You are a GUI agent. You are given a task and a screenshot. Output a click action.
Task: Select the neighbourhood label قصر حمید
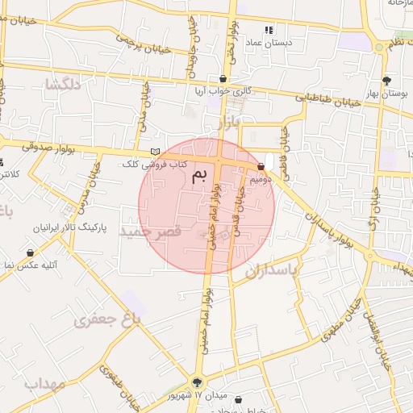coord(146,232)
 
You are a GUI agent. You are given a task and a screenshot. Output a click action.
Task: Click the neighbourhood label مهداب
coord(44,382)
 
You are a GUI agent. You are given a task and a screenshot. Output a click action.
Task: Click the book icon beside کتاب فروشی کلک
coord(155,152)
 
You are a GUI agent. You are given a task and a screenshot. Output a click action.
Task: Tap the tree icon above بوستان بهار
coord(387,80)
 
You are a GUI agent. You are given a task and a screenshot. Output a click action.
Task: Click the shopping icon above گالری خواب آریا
coord(223,78)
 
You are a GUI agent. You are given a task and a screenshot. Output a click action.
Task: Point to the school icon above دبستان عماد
coord(269,29)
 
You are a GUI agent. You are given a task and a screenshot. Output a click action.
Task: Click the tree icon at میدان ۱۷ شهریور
coord(198,381)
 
